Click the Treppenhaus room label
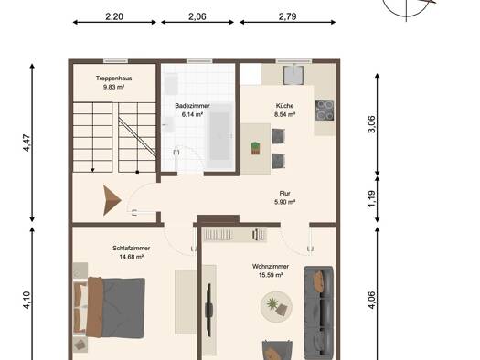(114, 82)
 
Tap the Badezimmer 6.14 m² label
(192, 111)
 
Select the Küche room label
(284, 111)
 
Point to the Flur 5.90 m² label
(284, 197)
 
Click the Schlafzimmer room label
(132, 252)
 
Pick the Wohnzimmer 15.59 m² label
(271, 270)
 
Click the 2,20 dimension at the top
(114, 16)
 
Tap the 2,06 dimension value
(197, 16)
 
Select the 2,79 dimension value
(287, 16)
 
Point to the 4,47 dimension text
(27, 143)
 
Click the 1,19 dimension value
(371, 199)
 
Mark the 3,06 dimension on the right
(371, 124)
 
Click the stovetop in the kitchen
(325, 111)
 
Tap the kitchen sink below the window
(293, 75)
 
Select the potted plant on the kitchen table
(255, 148)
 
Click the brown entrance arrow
(112, 200)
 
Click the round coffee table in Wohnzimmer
(276, 306)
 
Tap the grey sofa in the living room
(319, 312)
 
